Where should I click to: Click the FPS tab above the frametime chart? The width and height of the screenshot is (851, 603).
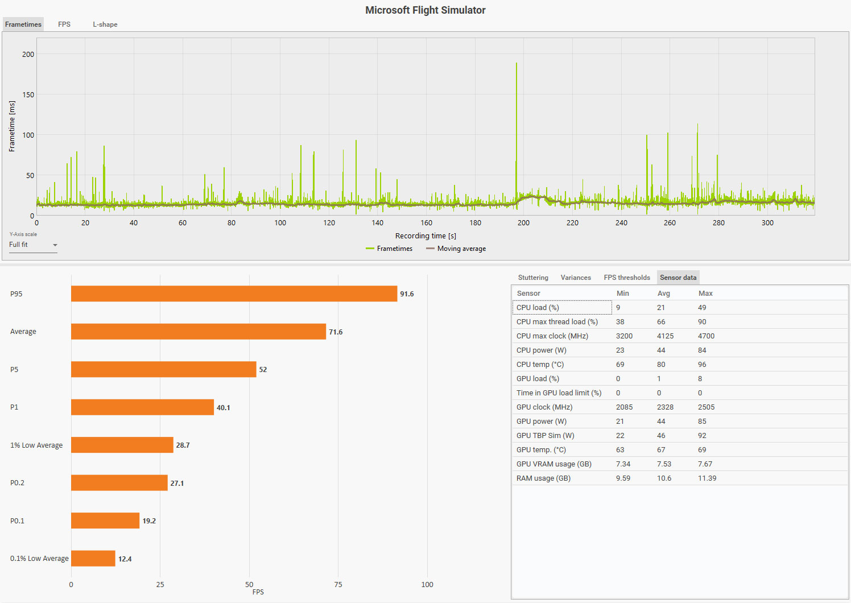(64, 24)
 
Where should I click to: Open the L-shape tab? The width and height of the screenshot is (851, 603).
(105, 24)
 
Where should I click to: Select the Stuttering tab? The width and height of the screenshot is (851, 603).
(533, 278)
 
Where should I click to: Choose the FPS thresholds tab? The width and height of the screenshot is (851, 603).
(627, 278)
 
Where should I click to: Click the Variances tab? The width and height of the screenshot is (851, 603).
(576, 278)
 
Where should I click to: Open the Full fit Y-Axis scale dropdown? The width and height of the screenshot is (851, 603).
(33, 245)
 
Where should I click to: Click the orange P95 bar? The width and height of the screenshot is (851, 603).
(234, 294)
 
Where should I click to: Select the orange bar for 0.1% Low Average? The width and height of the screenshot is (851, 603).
(93, 559)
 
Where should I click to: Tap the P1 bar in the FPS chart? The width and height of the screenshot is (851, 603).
(142, 407)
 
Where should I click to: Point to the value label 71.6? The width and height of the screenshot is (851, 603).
(336, 332)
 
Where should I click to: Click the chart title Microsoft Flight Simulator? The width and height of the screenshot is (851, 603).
(425, 10)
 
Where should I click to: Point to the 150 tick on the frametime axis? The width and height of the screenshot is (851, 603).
(28, 94)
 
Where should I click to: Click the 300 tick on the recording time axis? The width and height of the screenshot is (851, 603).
(767, 223)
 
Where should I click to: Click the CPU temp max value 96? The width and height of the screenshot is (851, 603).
(702, 365)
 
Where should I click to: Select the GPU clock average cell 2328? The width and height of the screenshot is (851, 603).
(665, 407)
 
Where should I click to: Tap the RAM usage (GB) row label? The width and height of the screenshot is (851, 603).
(543, 478)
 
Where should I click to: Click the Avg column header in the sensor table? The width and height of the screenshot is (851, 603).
(664, 294)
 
